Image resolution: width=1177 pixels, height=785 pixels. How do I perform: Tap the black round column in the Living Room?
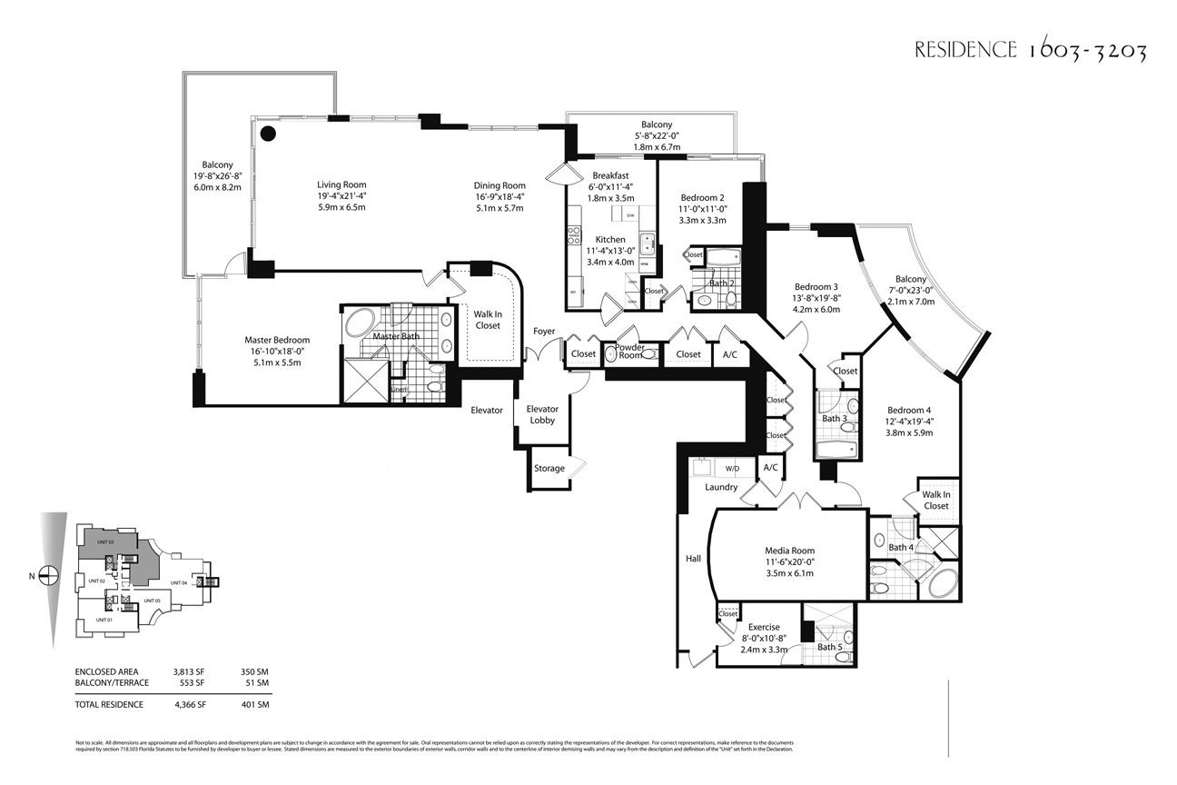click(268, 134)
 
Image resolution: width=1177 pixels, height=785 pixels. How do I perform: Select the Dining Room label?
click(499, 184)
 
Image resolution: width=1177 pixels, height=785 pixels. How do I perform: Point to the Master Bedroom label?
click(277, 340)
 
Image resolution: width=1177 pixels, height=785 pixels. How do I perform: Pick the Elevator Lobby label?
click(543, 414)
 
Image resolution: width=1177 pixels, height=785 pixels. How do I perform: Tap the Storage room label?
click(549, 469)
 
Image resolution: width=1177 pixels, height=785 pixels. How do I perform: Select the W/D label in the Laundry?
click(731, 469)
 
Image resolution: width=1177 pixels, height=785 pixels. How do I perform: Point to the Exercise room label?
click(764, 627)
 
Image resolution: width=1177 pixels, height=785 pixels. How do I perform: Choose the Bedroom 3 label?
click(816, 286)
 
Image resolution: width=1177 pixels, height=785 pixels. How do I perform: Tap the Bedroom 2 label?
click(702, 197)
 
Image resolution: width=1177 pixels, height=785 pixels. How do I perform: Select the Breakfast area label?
click(610, 175)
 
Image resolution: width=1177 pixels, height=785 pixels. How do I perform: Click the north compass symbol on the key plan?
click(50, 575)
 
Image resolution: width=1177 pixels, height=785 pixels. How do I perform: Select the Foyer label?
click(544, 332)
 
